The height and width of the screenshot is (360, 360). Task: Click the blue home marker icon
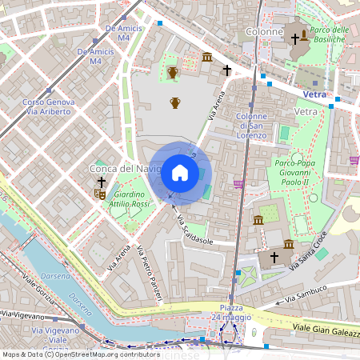coord(179,173)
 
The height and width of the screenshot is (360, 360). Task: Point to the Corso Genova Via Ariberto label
coord(49,107)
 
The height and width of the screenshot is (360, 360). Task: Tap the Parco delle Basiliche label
coord(329,34)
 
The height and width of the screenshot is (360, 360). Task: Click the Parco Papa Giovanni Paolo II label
coord(297,173)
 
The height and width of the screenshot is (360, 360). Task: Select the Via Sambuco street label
coord(302,293)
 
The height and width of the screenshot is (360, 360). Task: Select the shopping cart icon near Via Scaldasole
coord(238,184)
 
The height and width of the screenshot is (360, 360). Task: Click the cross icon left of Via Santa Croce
coord(274,258)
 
